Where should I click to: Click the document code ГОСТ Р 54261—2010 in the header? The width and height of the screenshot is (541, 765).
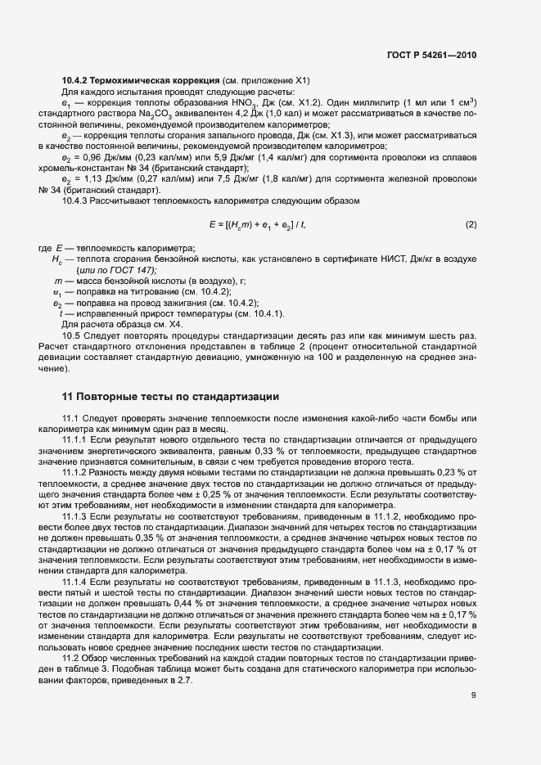tap(431, 56)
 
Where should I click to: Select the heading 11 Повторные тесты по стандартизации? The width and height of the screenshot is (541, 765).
tap(171, 397)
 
